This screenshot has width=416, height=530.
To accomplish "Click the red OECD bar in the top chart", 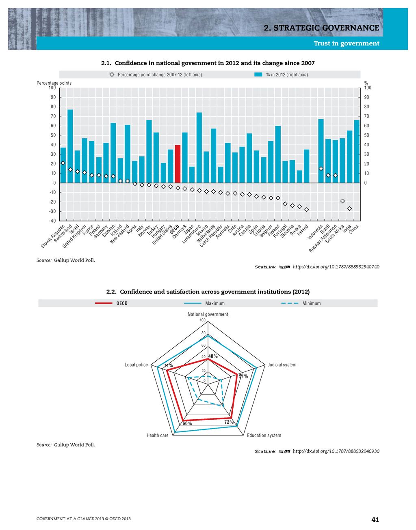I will (178, 164).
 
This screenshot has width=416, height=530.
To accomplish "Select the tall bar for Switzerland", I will (70, 146).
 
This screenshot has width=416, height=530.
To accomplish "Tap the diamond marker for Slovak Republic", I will (63, 163).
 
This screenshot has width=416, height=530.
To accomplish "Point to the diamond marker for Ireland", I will (307, 210).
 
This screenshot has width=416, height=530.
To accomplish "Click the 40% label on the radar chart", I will (213, 356).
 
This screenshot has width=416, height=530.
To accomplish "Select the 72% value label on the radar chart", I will (229, 422).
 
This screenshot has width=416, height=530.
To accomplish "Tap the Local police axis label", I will (136, 365).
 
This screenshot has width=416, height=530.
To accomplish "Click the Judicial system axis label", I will (282, 365).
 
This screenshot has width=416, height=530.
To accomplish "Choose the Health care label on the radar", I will (158, 436).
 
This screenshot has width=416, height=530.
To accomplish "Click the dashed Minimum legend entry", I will (301, 303).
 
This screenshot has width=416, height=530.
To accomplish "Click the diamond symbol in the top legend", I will (112, 75).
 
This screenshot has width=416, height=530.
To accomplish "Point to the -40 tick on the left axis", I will (53, 221).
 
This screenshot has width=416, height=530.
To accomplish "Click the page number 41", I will (375, 519).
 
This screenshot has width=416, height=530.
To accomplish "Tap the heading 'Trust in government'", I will (347, 43).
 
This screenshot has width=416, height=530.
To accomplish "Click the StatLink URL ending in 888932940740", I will (336, 267).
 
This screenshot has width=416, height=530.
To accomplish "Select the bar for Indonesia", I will (321, 151).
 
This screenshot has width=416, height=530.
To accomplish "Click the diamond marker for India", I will (350, 208).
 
